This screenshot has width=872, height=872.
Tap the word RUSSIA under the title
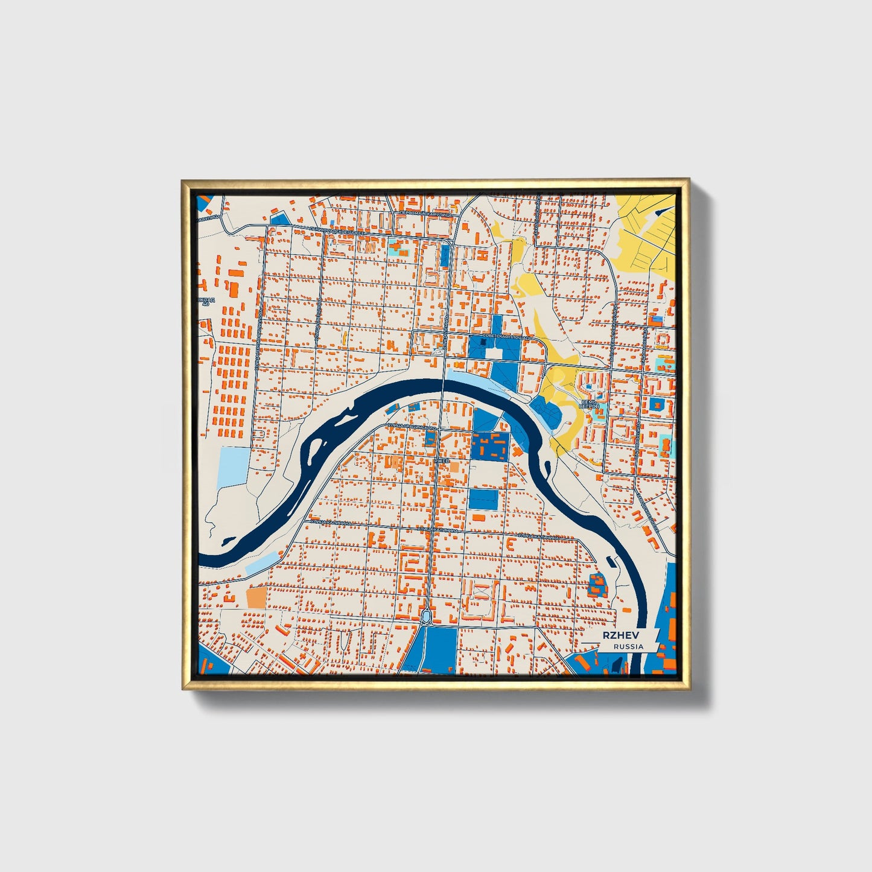click(628, 646)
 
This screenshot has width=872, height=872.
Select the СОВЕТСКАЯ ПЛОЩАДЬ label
click(508, 336)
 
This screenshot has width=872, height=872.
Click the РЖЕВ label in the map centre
click(442, 460)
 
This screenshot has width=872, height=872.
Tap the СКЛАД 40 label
click(205, 301)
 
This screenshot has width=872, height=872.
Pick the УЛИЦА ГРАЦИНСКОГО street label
click(412, 427)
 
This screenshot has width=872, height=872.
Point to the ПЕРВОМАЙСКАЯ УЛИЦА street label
click(425, 214)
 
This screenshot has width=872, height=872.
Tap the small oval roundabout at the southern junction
click(426, 616)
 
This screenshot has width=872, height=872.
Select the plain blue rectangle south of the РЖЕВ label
click(483, 499)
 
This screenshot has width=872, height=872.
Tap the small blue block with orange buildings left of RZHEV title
click(597, 584)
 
